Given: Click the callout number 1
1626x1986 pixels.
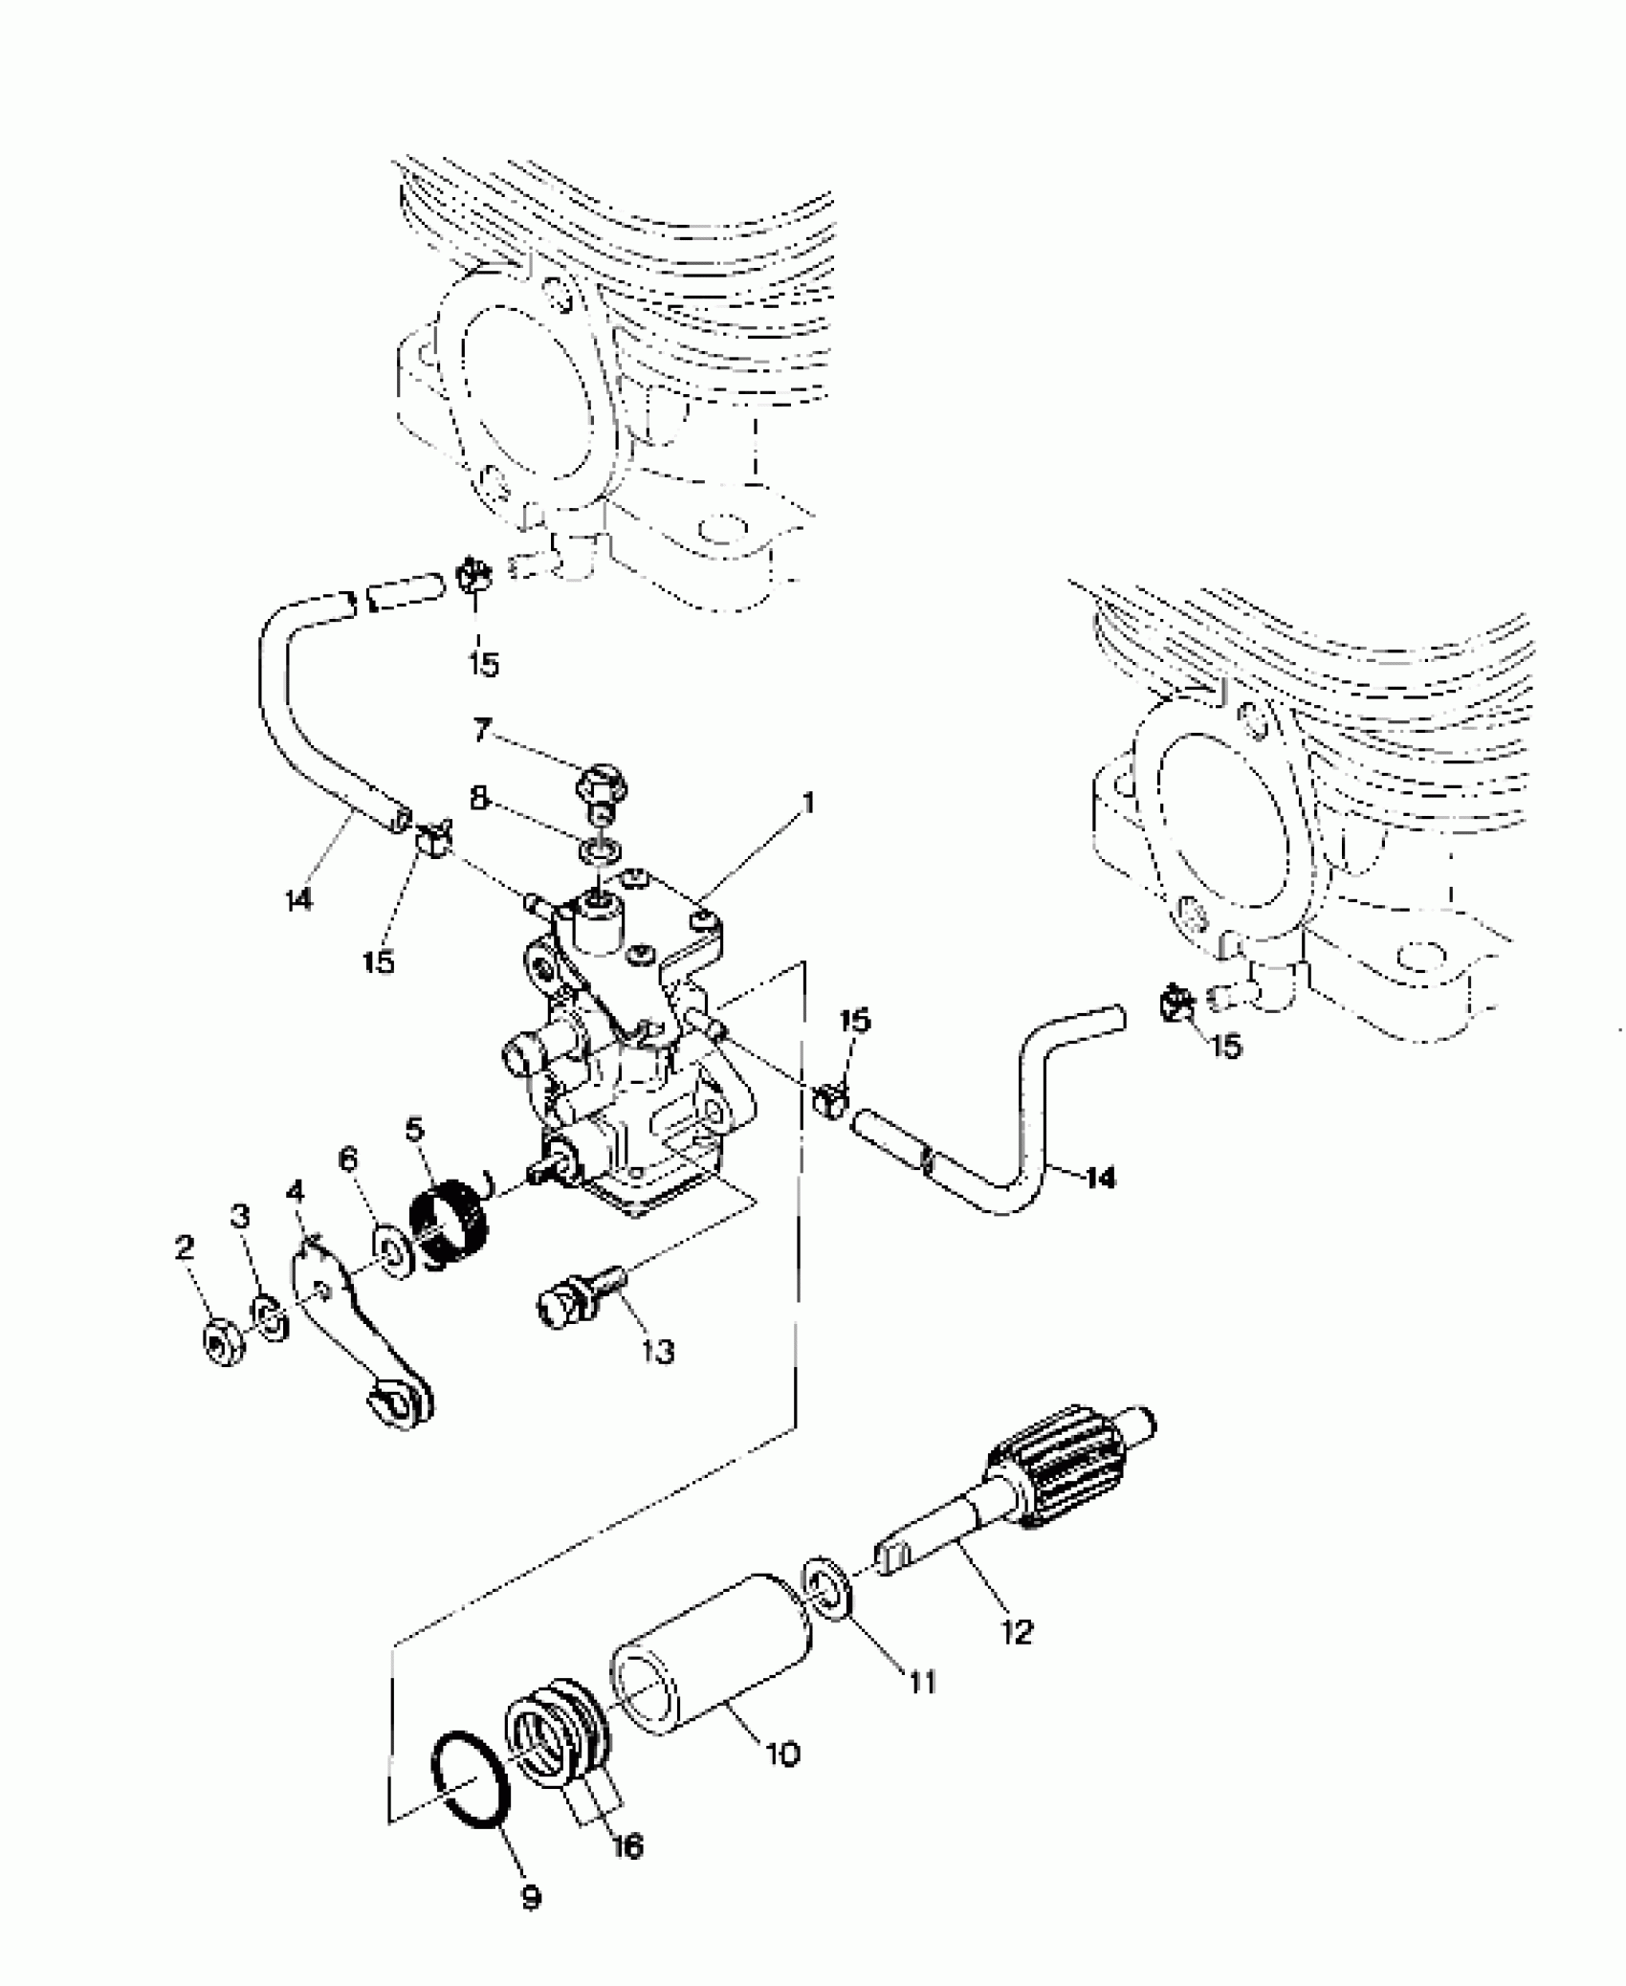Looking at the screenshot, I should (809, 803).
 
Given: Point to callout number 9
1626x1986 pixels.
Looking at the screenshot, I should (531, 1896).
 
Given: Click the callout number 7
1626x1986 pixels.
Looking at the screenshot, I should (481, 730).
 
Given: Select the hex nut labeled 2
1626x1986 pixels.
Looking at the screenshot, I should (225, 1346).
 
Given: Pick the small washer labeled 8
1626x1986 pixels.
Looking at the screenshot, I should (600, 849).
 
